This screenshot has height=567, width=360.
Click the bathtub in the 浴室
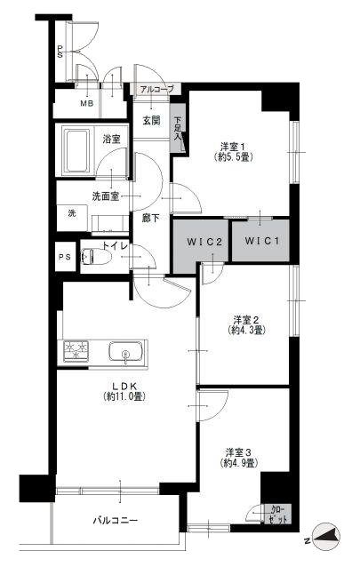[x=76, y=151]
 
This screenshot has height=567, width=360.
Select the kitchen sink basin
[x=125, y=351]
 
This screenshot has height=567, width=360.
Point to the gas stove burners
[x=76, y=350]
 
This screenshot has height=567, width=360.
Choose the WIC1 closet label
[x=262, y=241]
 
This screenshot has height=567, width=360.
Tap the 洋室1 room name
[x=234, y=148]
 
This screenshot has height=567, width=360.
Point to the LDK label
[x=124, y=386]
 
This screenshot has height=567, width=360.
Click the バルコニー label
[x=116, y=521]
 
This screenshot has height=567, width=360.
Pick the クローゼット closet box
[x=278, y=514]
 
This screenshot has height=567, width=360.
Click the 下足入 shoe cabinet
[x=178, y=128]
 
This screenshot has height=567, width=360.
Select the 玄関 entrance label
[x=151, y=120]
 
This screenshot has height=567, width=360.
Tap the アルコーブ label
[x=157, y=89]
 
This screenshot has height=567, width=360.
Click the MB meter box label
[x=87, y=104]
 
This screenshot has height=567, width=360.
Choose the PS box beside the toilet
[x=66, y=257]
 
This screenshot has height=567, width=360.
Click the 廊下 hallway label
[x=150, y=218]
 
